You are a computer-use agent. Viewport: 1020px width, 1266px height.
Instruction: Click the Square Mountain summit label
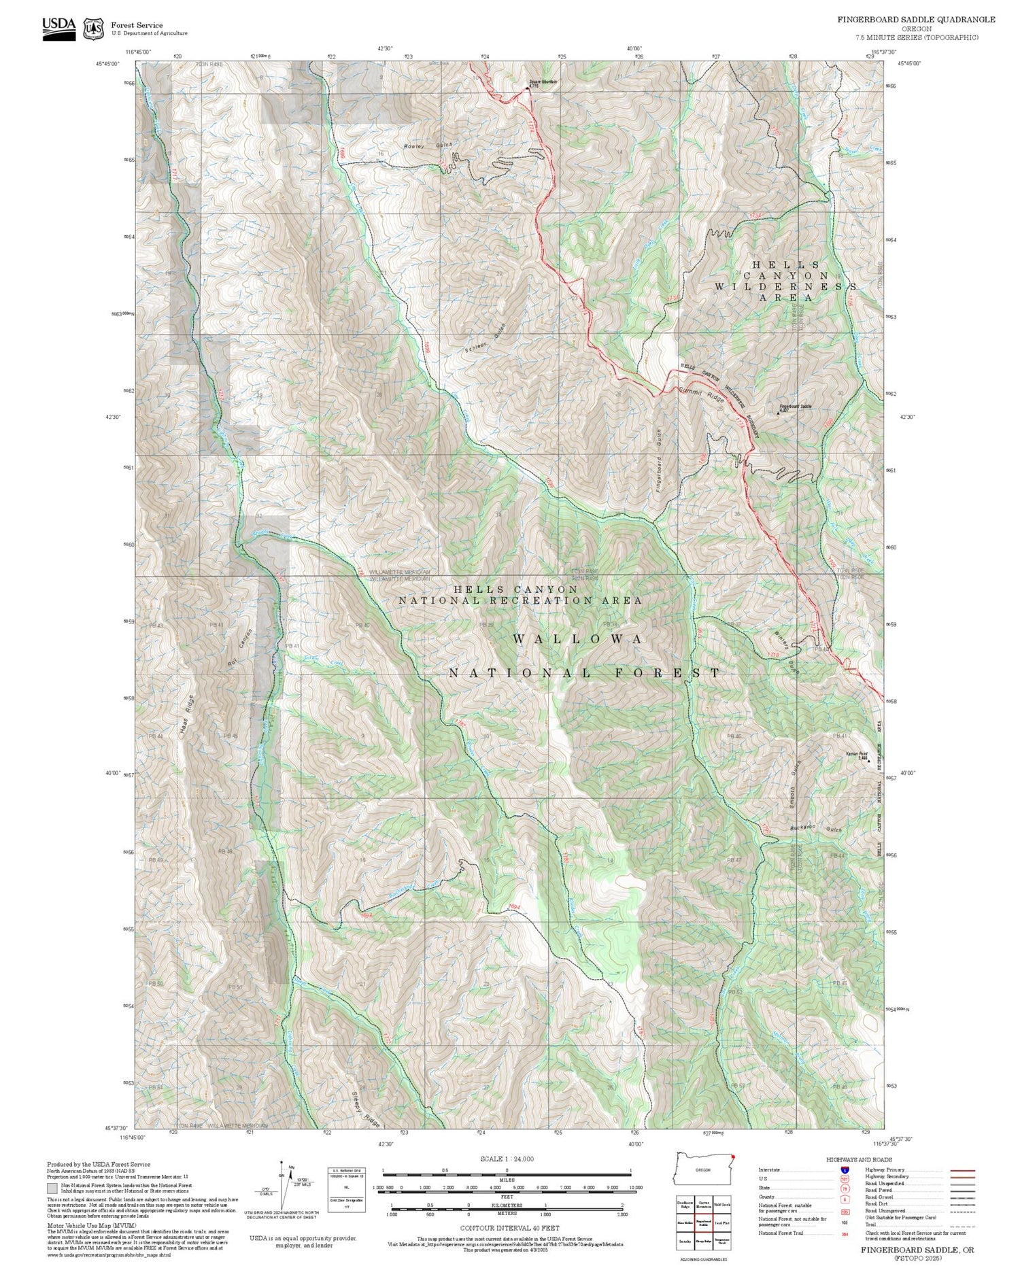543,82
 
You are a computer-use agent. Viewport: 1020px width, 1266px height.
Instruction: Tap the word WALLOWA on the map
577,639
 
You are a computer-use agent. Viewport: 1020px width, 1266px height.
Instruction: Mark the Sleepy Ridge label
367,1108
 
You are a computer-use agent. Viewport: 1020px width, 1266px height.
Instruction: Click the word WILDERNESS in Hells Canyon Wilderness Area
785,286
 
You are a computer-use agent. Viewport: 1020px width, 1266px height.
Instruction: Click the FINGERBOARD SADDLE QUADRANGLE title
916,20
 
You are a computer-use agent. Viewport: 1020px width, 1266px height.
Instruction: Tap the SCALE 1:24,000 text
507,1159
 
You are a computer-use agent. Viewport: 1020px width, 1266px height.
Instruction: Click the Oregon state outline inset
704,1169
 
